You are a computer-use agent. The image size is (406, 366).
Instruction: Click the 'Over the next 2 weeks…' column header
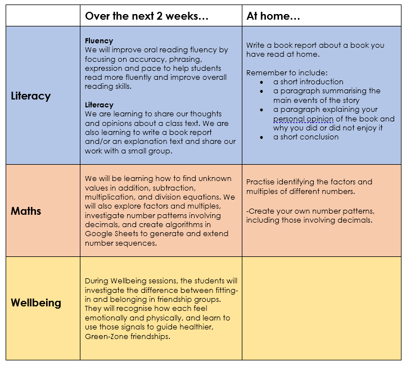[147, 16]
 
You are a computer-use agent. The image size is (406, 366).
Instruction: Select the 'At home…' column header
[273, 16]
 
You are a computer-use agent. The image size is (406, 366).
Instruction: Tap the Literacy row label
[31, 96]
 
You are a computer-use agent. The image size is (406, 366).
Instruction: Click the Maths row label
[26, 211]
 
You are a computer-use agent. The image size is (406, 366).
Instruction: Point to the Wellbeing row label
[36, 303]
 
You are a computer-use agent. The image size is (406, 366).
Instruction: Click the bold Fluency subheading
[99, 41]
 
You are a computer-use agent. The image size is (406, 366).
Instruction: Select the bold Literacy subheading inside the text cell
[99, 105]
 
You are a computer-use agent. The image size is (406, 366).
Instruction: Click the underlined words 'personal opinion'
[303, 119]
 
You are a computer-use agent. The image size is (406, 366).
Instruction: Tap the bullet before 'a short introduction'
[261, 83]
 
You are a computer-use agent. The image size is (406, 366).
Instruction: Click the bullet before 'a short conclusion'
[261, 138]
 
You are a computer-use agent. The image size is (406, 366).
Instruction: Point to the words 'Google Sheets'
[111, 234]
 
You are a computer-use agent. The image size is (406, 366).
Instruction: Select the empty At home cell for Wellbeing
[322, 308]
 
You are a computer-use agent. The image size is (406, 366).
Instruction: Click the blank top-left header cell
[43, 16]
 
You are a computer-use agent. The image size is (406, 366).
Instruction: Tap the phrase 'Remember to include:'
[287, 73]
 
